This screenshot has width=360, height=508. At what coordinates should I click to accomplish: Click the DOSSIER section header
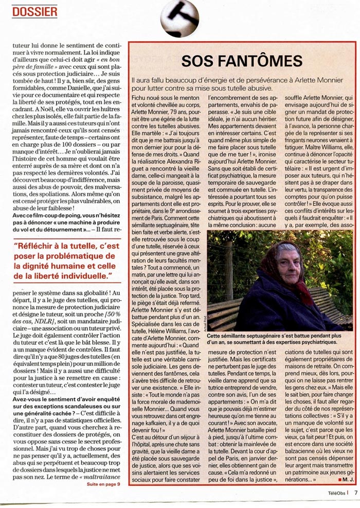[x=34, y=11]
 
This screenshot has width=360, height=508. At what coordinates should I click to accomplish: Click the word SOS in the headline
[x=200, y=61]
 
